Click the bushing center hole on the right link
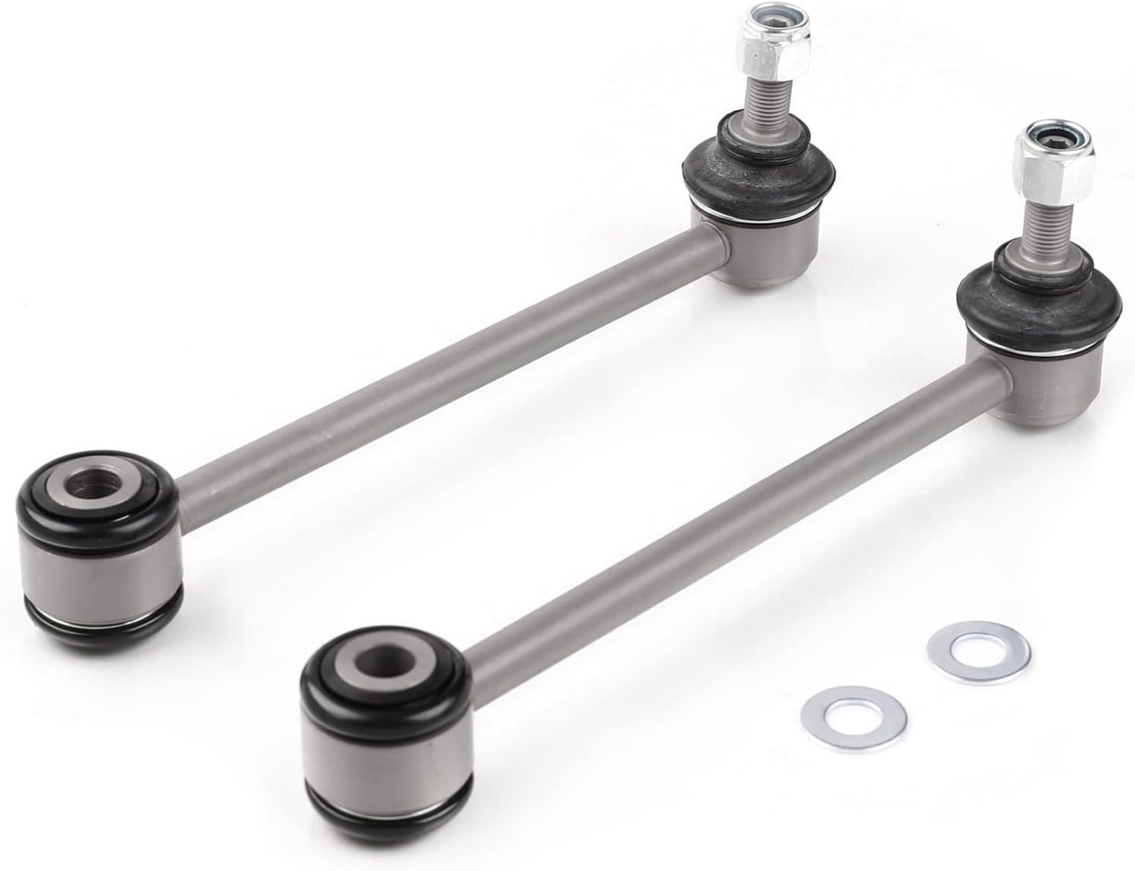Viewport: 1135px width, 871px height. coord(377,657)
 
